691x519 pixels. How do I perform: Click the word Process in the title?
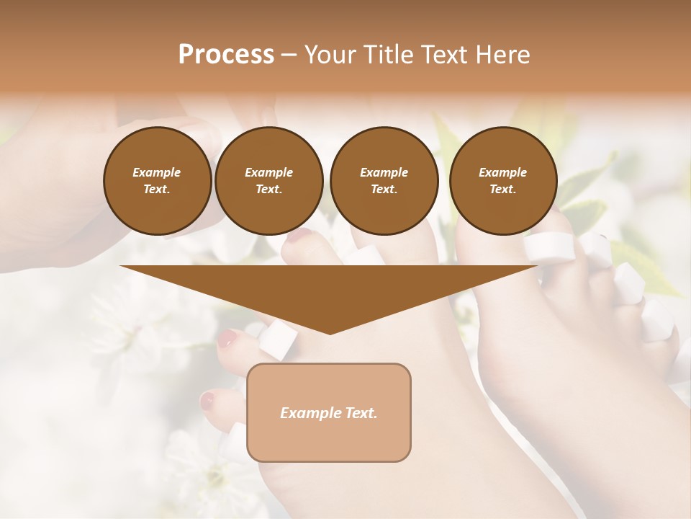pos(226,55)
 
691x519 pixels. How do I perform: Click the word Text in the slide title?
pos(449,55)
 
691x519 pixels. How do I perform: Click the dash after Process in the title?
pos(289,56)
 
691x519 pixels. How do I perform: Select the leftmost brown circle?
pos(158,181)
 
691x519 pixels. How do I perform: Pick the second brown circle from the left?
pos(269,181)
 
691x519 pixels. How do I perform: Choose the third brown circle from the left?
pos(384,181)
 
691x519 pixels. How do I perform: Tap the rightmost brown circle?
pos(503,181)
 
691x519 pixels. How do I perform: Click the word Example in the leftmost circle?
pos(157,172)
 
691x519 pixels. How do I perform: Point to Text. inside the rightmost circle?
pos(503,189)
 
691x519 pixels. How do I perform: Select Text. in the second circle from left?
pos(269,189)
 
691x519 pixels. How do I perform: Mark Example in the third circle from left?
pos(384,172)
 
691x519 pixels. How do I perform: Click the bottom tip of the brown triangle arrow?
pos(330,332)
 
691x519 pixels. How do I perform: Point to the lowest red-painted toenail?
pos(208,401)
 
